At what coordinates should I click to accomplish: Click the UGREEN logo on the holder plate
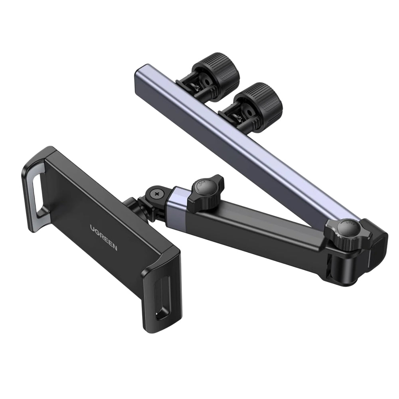pos(103,237)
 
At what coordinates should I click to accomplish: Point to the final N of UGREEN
pos(115,248)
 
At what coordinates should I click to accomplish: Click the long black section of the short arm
pos(255,227)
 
